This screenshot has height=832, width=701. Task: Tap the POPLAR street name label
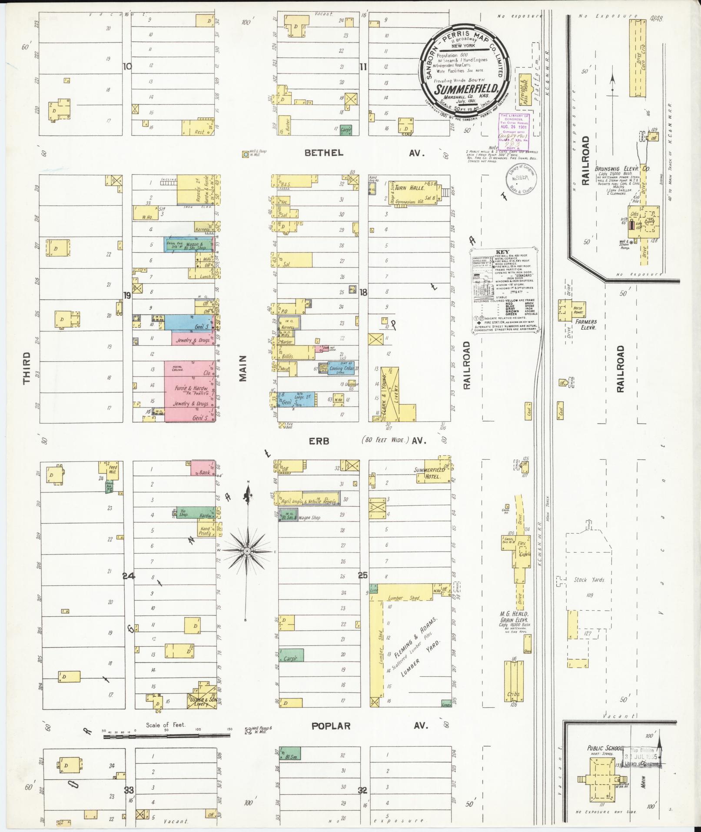click(x=330, y=726)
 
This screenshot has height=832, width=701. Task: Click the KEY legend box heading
click(x=505, y=252)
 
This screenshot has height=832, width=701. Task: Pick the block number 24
click(x=129, y=576)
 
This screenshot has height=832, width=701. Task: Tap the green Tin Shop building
click(x=182, y=513)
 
